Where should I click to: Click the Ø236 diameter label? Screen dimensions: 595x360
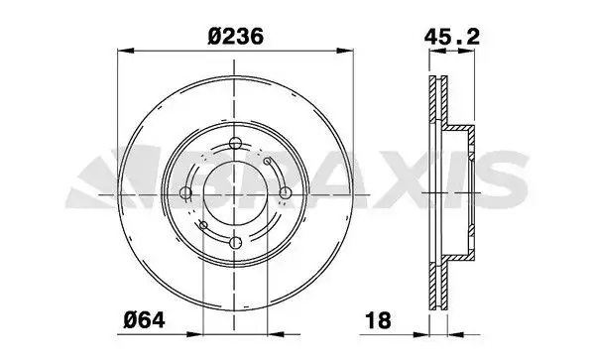[x=236, y=37]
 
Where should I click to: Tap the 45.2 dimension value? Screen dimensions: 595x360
[x=452, y=37]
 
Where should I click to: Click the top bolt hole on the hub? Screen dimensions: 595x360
[x=236, y=144]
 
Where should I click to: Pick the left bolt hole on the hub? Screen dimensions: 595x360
[x=185, y=193]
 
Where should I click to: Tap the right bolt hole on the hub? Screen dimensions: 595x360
[x=286, y=193]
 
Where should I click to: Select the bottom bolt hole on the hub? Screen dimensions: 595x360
[x=236, y=243]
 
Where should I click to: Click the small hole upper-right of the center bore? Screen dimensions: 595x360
[x=267, y=162]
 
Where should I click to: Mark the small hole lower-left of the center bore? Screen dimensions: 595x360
[x=203, y=225]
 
